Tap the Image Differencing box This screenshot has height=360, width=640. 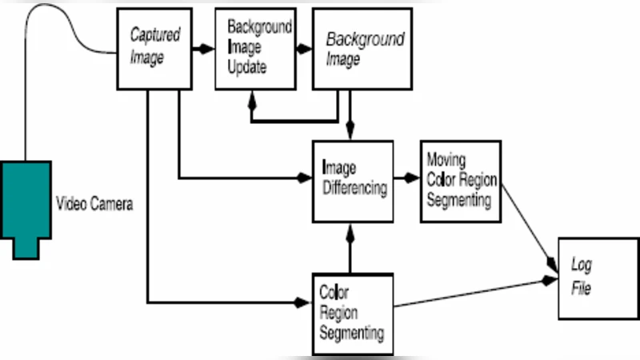pos(352,181)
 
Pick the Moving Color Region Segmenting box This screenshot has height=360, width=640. pos(459,181)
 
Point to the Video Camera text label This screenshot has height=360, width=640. pos(94,204)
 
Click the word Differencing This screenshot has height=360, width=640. pos(354,189)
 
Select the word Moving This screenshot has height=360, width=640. pos(446,159)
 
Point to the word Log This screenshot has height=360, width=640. pos(580,265)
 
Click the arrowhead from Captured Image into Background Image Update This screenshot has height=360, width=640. pos(208,49)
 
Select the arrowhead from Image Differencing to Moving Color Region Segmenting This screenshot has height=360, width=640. pos(412,177)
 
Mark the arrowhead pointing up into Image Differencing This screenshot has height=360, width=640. pos(350,231)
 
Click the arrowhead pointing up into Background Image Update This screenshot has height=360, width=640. pos(252,102)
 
